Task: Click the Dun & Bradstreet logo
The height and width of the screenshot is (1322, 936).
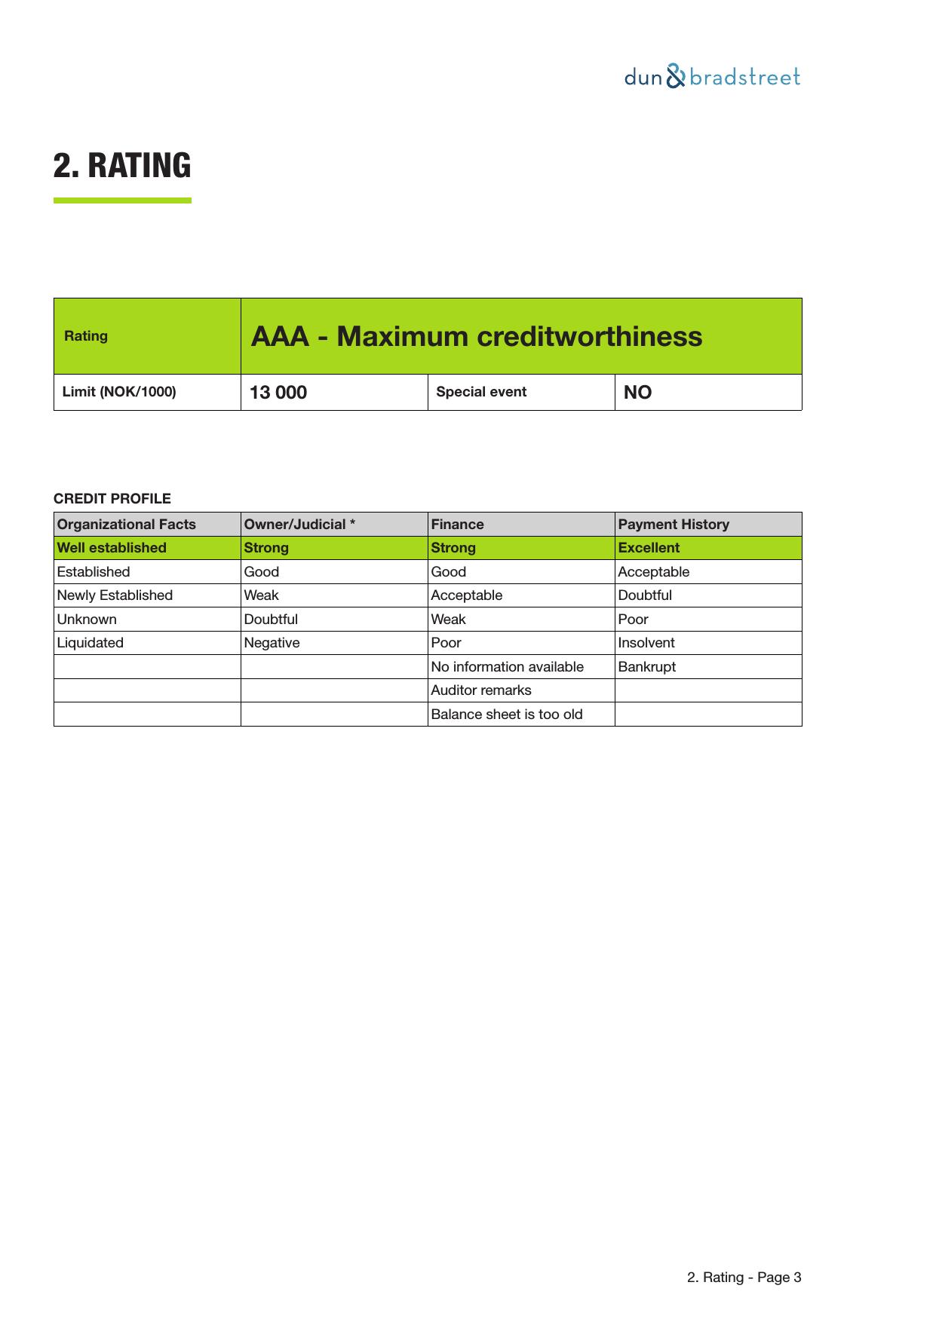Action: (711, 77)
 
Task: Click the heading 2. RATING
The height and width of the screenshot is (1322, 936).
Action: (122, 166)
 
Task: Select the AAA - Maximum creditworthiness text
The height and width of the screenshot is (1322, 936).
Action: (476, 336)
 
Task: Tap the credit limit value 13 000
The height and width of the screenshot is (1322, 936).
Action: (278, 393)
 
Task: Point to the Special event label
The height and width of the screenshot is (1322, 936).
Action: (481, 392)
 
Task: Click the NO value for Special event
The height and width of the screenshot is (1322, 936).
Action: (637, 393)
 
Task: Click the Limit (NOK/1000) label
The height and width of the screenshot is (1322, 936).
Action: (119, 392)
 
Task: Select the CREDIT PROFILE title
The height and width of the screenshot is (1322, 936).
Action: (112, 499)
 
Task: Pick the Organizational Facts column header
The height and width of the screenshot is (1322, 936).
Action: (126, 525)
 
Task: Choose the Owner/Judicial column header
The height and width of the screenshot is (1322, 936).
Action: (299, 525)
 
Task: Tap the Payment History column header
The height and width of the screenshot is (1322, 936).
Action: (674, 525)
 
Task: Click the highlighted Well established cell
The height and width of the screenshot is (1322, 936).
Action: (112, 548)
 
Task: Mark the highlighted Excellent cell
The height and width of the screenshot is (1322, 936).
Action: (649, 548)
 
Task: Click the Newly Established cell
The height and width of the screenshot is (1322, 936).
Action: (115, 595)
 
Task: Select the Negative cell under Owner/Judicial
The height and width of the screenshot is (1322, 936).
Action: (272, 643)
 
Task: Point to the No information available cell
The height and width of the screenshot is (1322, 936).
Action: (507, 667)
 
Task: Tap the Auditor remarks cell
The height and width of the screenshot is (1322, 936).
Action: (480, 690)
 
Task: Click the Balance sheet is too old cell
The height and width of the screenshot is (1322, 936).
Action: (506, 715)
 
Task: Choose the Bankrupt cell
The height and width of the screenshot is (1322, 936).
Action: (646, 667)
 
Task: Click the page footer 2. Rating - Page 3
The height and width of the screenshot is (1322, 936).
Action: (744, 1278)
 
